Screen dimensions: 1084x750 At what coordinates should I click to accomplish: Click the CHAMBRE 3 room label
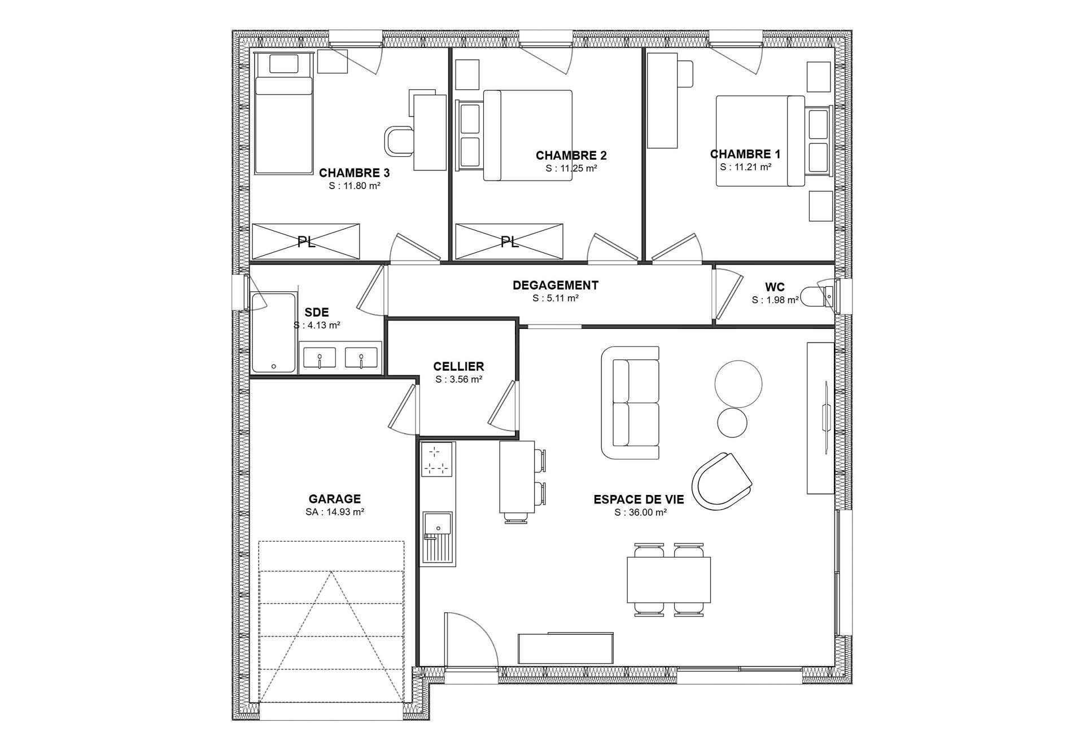pyautogui.click(x=354, y=173)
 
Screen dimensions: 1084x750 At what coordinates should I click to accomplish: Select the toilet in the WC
pyautogui.click(x=818, y=294)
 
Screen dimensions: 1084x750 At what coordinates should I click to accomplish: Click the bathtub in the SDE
pyautogui.click(x=273, y=332)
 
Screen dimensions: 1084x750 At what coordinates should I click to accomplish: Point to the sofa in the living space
pyautogui.click(x=630, y=402)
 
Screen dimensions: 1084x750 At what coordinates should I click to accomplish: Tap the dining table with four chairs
pyautogui.click(x=668, y=580)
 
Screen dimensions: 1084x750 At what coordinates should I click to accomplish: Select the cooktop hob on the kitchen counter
pyautogui.click(x=439, y=459)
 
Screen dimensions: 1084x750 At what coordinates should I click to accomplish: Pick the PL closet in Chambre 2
pyautogui.click(x=509, y=242)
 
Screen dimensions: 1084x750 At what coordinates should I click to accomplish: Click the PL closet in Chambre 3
pyautogui.click(x=305, y=242)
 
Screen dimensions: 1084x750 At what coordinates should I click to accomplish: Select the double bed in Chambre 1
pyautogui.click(x=760, y=141)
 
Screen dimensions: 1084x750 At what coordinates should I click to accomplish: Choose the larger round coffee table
pyautogui.click(x=738, y=383)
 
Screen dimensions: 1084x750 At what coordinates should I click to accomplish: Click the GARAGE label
pyautogui.click(x=335, y=499)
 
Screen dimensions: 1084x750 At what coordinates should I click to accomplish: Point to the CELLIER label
pyautogui.click(x=458, y=367)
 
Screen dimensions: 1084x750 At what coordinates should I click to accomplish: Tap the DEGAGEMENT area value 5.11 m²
pyautogui.click(x=556, y=299)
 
